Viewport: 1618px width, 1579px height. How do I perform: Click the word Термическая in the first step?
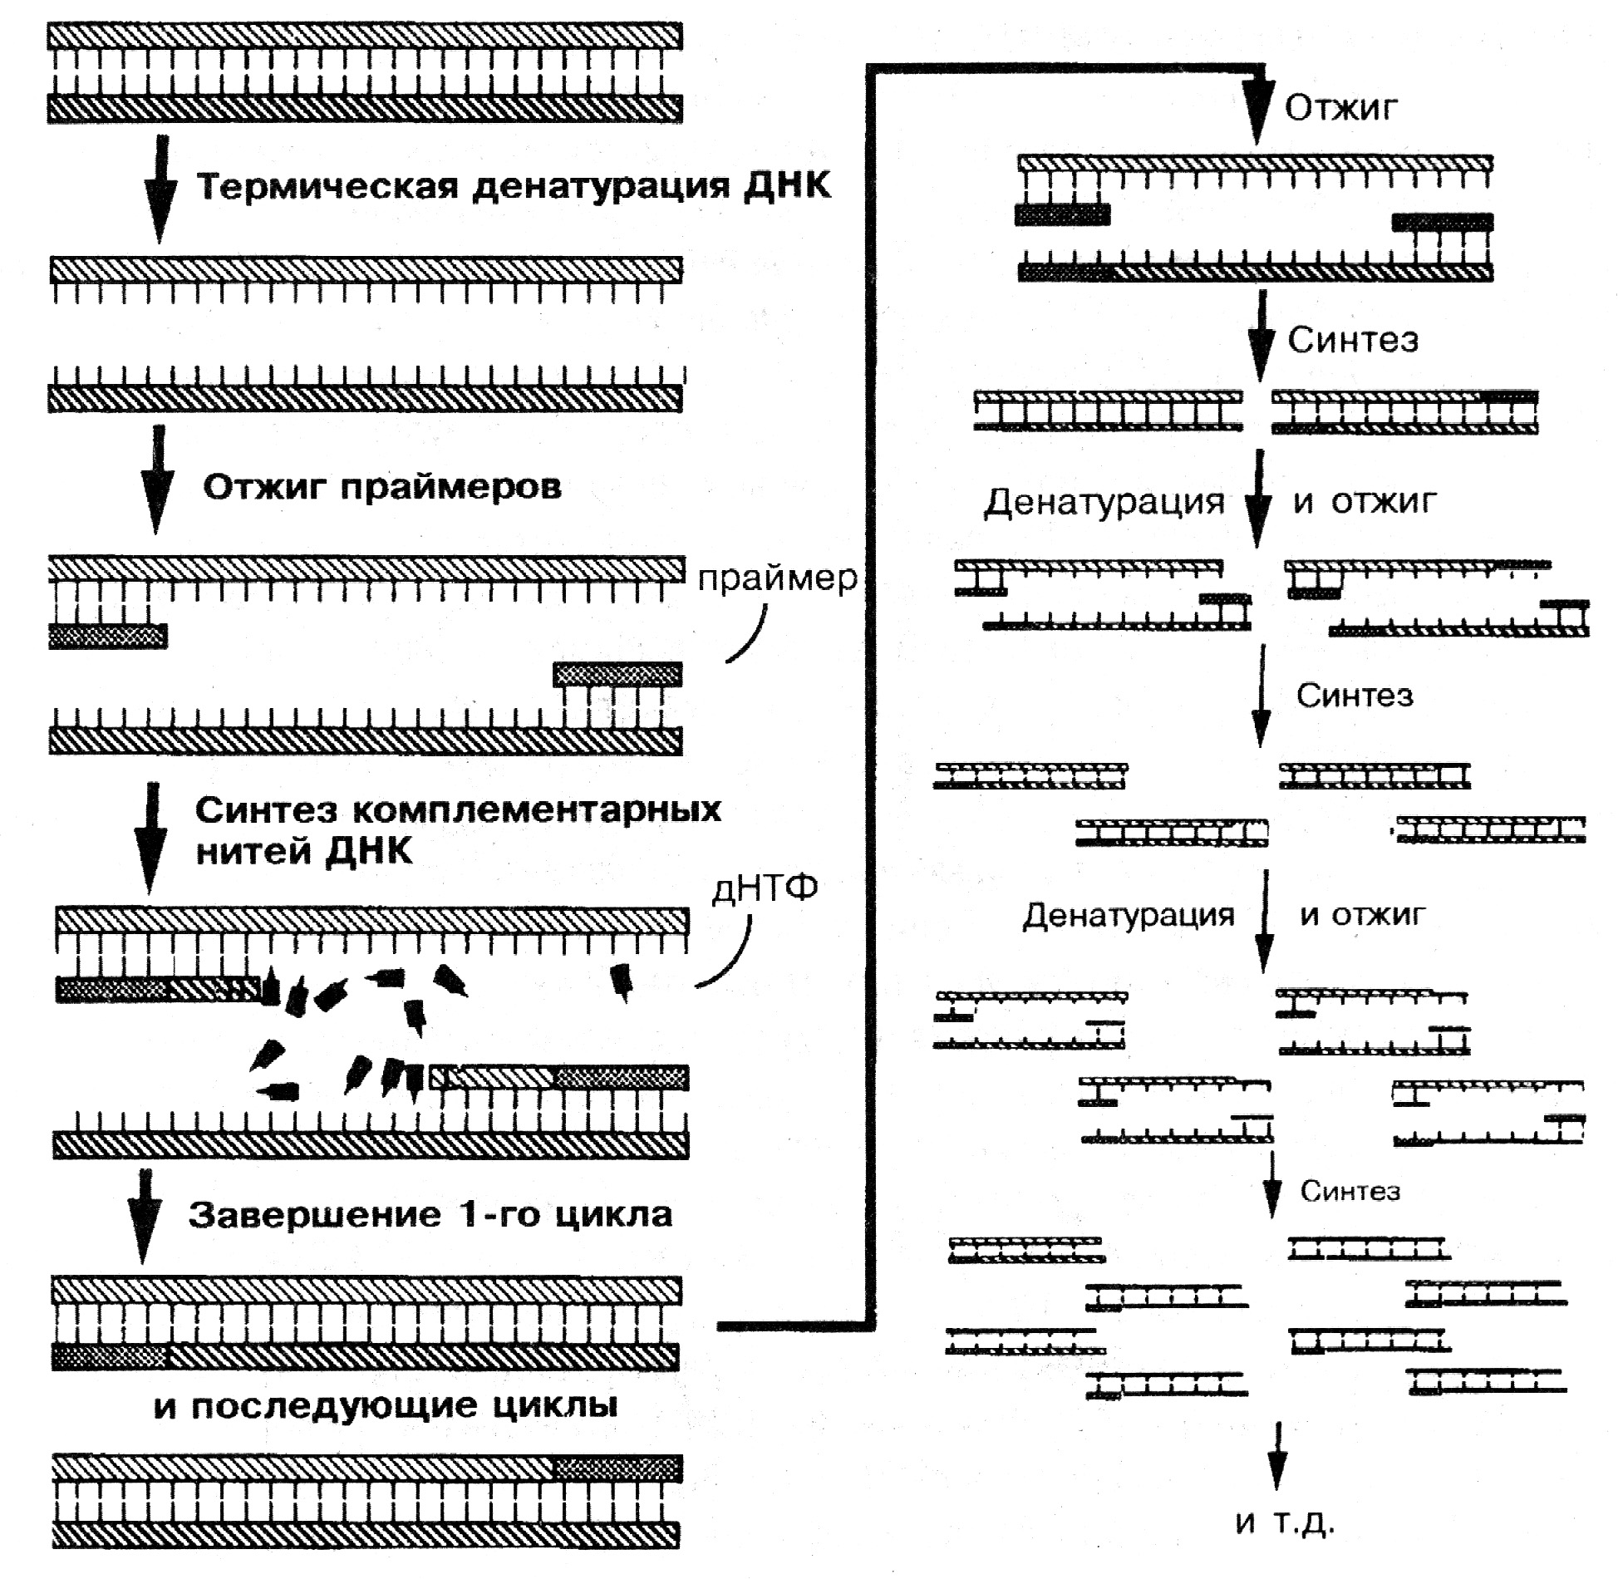coord(327,186)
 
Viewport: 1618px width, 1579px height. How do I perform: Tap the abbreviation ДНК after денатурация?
coord(786,184)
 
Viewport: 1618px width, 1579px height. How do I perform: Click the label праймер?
coord(777,578)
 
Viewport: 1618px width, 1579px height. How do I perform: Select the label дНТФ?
coord(765,888)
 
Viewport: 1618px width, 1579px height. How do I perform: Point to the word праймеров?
coord(450,488)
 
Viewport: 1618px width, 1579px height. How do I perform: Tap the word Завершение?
coord(315,1215)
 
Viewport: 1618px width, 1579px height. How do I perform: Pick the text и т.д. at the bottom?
coord(1285,1522)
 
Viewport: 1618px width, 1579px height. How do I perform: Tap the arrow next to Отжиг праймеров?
coord(157,480)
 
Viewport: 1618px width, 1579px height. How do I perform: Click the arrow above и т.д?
coord(1278,1456)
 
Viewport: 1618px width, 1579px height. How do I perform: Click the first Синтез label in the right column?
coord(1353,340)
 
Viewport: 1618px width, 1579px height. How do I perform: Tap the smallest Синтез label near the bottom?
coord(1350,1192)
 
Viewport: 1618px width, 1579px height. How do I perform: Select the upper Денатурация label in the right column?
coord(1104,502)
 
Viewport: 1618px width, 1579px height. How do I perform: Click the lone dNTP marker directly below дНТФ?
coord(622,981)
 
